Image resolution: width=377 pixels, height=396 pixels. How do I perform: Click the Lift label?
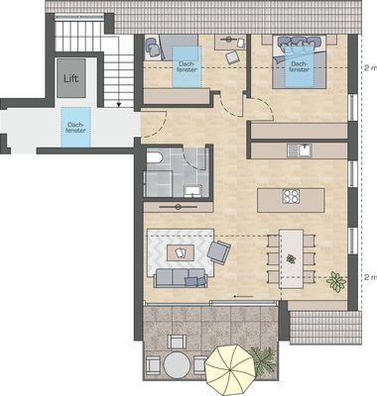pyautogui.click(x=70, y=77)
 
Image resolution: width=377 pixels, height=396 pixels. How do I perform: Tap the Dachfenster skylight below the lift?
pyautogui.click(x=71, y=130)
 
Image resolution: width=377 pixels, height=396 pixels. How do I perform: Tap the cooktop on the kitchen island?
pyautogui.click(x=293, y=196)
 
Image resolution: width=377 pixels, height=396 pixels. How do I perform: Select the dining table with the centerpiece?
pyautogui.click(x=291, y=258)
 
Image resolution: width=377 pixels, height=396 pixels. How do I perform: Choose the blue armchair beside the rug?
pyautogui.click(x=218, y=252)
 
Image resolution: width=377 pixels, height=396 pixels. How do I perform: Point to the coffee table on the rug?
pyautogui.click(x=180, y=253)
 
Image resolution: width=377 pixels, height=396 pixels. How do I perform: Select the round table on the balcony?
pyautogui.click(x=176, y=364)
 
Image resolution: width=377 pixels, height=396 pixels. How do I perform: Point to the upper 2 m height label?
pyautogui.click(x=368, y=68)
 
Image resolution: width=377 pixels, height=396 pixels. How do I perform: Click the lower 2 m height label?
pyautogui.click(x=368, y=277)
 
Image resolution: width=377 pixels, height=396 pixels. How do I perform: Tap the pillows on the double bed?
pyautogui.click(x=298, y=44)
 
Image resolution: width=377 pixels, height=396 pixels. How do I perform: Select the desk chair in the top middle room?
pyautogui.click(x=230, y=56)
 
